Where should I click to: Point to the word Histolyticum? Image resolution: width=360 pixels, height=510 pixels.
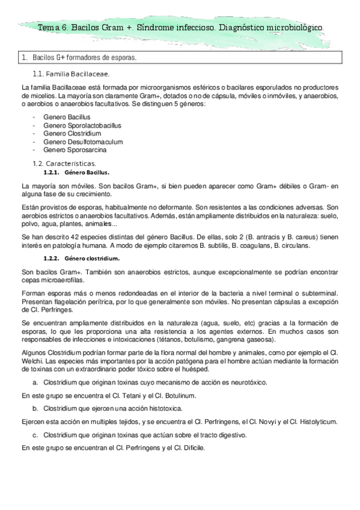tap(321, 422)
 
